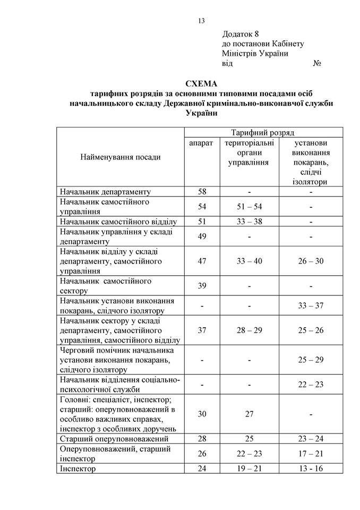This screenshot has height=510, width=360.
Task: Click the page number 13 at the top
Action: pyautogui.click(x=201, y=21)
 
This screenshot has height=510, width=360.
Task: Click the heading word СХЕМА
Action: pyautogui.click(x=201, y=84)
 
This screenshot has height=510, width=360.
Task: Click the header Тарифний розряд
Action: pyautogui.click(x=255, y=132)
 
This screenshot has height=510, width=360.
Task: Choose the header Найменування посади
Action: pyautogui.click(x=120, y=157)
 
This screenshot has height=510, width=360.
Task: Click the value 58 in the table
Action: pyautogui.click(x=201, y=192)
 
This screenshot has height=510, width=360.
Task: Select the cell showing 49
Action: pyautogui.click(x=201, y=236)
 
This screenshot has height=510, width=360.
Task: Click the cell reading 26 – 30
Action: pyautogui.click(x=310, y=261)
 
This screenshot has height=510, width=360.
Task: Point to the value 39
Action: pyautogui.click(x=201, y=286)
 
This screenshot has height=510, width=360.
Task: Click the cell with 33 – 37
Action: pyautogui.click(x=310, y=305)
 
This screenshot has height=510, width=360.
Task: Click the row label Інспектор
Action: pyautogui.click(x=78, y=469)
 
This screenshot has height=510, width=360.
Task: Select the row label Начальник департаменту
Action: pyautogui.click(x=106, y=192)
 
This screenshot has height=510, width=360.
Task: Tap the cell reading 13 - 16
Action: pyautogui.click(x=310, y=469)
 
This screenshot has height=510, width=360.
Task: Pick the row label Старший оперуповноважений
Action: pyautogui.click(x=114, y=439)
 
